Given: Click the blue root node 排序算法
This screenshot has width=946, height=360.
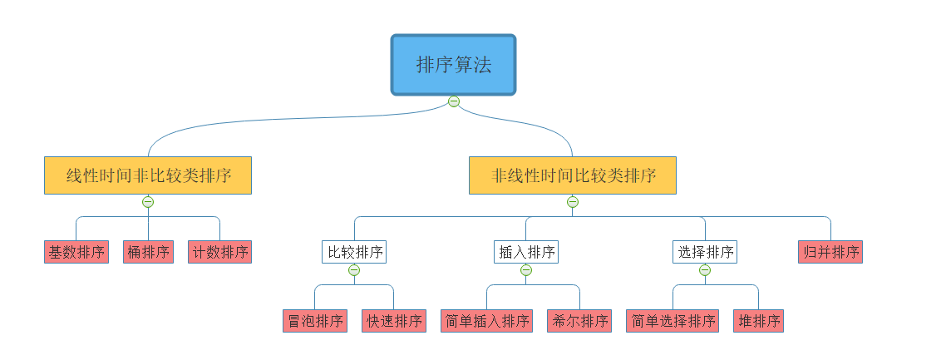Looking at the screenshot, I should [454, 65].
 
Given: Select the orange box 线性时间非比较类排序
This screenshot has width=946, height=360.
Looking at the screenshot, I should [148, 175].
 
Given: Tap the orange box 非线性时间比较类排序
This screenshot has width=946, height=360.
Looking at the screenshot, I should [573, 175].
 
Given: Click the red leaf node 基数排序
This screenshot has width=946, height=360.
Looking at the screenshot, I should [76, 252].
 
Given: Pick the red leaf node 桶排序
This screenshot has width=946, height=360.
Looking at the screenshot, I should [148, 252].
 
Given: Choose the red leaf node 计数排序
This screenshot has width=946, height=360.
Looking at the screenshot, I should [219, 252].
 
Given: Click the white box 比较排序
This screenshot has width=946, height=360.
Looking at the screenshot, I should [355, 252].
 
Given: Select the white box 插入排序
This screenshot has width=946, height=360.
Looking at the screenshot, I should [526, 252].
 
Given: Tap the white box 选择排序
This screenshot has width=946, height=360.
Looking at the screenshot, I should [705, 252].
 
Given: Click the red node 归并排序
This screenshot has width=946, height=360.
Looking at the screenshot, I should [830, 252].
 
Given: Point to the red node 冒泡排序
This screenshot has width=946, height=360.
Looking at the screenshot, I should [314, 321].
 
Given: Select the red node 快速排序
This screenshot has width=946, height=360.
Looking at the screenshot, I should [394, 321].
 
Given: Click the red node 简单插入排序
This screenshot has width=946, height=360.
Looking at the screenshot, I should [486, 321].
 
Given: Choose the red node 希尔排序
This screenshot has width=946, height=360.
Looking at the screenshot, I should [579, 321].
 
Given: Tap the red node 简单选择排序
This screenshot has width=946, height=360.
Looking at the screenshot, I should [673, 321].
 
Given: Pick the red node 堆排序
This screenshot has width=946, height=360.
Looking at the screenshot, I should [758, 321].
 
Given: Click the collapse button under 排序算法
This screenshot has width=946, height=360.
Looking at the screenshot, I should [454, 101].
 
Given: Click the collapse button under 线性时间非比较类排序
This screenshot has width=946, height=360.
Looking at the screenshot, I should [148, 201].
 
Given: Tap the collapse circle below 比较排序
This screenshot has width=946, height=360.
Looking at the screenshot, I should [354, 269].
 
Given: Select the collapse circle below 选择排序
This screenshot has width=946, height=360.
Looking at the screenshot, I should [705, 269].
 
